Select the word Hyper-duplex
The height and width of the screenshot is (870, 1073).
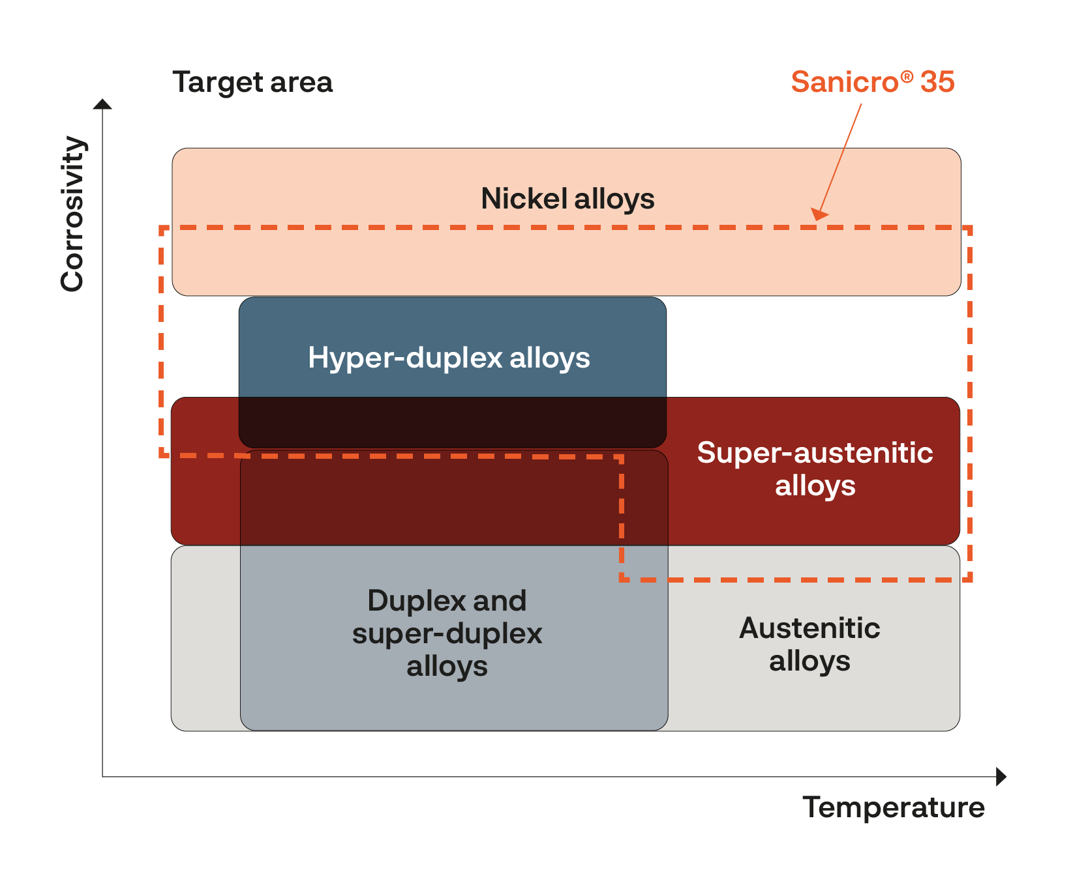[405, 358]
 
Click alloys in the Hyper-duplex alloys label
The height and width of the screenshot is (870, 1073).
[550, 358]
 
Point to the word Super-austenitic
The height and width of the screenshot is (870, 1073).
[815, 453]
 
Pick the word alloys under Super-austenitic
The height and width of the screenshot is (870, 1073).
[815, 486]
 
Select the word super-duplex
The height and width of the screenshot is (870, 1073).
[447, 633]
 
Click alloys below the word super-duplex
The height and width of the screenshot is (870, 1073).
[447, 667]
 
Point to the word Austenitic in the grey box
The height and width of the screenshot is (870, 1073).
[809, 628]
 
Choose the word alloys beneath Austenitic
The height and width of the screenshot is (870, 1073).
[809, 661]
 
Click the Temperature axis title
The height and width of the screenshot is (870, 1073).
[893, 807]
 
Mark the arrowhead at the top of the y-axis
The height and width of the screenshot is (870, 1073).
[102, 104]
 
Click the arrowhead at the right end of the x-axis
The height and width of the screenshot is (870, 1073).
[1002, 777]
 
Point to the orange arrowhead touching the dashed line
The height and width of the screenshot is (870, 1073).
[819, 214]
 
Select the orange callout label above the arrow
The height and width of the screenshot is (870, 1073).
[873, 82]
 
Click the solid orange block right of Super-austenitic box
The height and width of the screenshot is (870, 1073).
[1020, 504]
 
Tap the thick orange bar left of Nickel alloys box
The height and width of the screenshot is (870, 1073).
[164, 259]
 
